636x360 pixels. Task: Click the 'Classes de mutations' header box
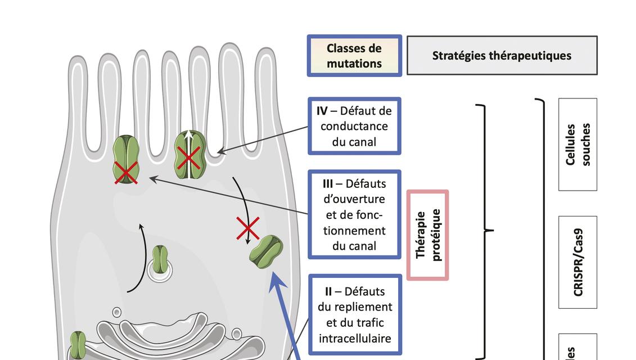(354, 56)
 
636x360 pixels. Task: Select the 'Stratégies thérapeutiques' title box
(502, 56)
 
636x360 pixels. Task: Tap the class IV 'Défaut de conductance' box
(354, 126)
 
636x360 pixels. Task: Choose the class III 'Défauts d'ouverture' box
(354, 214)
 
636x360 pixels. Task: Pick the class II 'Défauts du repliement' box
(354, 315)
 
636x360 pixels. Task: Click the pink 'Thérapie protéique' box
(428, 235)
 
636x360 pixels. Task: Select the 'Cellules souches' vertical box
(578, 145)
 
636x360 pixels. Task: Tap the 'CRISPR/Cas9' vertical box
(578, 262)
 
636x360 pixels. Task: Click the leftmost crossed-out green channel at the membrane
(127, 160)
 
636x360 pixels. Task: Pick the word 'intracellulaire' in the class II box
(354, 338)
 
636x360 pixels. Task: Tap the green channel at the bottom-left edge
(78, 344)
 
